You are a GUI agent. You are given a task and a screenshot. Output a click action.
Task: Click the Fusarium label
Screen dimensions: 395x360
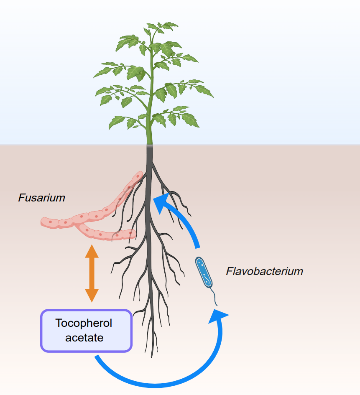[41, 198]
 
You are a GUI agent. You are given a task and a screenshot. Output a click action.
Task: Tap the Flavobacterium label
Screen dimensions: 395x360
[264, 271]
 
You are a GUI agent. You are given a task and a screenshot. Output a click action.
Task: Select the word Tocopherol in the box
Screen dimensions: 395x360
[84, 323]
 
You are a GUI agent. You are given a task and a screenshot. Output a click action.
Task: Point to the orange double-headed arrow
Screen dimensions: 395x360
[92, 274]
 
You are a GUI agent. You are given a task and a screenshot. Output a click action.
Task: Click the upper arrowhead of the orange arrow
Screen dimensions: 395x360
[92, 252]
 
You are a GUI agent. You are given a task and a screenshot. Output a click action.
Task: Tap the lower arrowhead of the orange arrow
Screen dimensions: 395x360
[92, 296]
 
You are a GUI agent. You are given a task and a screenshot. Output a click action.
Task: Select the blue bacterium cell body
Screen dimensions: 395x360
[204, 272]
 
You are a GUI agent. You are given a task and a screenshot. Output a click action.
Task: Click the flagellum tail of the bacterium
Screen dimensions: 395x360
[214, 298]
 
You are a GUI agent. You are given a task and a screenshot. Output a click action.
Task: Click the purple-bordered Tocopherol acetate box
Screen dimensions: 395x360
[86, 330]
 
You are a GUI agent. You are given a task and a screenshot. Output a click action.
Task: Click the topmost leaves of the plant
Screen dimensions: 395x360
[161, 27]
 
